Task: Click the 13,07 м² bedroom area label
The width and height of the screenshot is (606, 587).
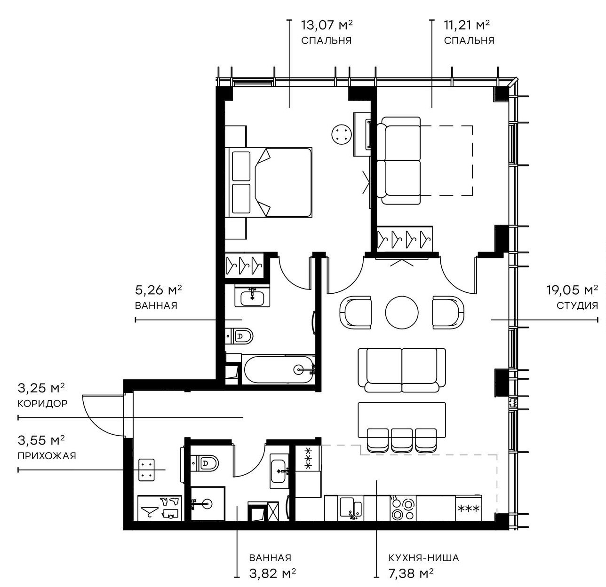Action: click(x=327, y=24)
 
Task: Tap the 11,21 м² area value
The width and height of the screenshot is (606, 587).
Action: click(x=469, y=24)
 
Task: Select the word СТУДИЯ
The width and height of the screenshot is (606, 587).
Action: click(x=577, y=305)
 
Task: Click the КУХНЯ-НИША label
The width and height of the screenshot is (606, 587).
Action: click(x=423, y=558)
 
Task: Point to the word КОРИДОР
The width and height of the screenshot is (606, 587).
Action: click(x=42, y=403)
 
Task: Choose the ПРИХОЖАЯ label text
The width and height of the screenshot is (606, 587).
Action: click(x=47, y=455)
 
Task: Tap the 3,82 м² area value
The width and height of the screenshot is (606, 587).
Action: click(x=272, y=573)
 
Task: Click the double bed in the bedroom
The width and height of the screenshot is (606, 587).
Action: click(x=270, y=182)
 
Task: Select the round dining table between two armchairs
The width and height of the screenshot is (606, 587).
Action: click(x=402, y=312)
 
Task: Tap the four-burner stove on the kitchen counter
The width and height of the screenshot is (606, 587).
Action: click(x=403, y=509)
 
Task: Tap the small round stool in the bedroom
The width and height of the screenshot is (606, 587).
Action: click(x=342, y=135)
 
